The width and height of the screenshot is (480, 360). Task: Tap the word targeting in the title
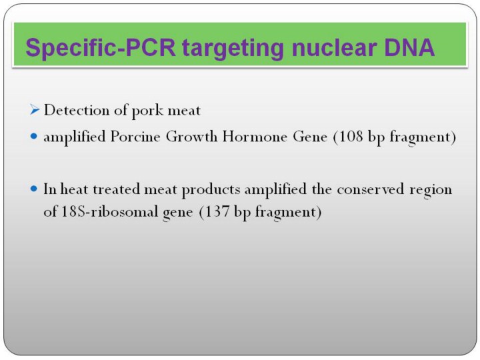click(233, 49)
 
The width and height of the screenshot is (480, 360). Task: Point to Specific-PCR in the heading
click(101, 48)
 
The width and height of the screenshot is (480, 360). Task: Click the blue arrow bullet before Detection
click(35, 109)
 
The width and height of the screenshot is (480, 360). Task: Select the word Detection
click(77, 110)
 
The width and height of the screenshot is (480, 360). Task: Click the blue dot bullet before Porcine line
click(34, 136)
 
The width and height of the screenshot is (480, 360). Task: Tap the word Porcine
click(135, 136)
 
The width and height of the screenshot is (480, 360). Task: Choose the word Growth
click(191, 136)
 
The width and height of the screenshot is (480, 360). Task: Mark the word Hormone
click(255, 136)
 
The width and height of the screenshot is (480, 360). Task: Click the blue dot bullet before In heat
click(34, 189)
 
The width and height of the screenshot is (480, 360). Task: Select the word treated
click(117, 189)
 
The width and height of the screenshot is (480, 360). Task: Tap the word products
click(211, 190)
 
